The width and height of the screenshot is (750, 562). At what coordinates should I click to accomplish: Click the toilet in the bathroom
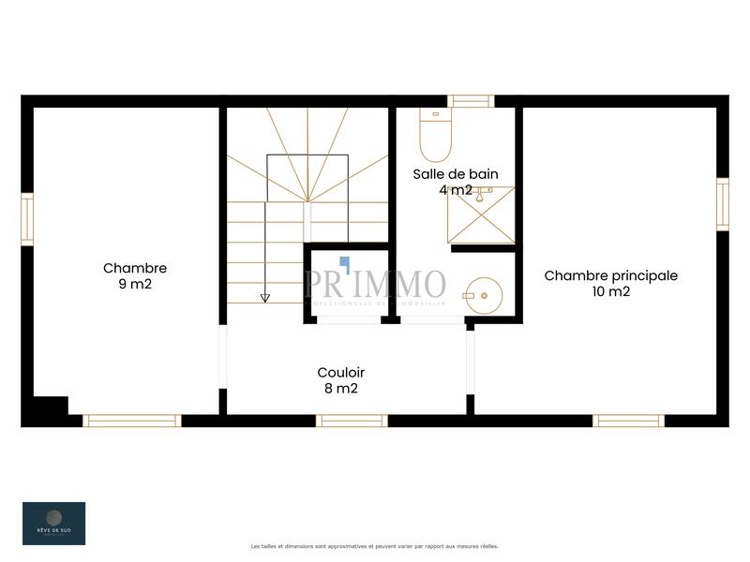coord(435,137)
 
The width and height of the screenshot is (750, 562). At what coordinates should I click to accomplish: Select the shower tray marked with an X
coord(481,214)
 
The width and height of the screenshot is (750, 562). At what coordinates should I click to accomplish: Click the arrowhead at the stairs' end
coord(265,298)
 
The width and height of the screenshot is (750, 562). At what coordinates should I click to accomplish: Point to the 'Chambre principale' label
coord(610,275)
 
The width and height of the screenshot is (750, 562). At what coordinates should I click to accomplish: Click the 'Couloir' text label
coord(340,372)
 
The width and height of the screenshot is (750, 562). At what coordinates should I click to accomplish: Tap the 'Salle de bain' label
coord(456,173)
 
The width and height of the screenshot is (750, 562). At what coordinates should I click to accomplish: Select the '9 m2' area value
coord(135,285)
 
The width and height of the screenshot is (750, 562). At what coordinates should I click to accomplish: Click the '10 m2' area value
coord(610,291)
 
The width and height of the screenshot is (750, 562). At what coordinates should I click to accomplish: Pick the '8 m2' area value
coord(340,388)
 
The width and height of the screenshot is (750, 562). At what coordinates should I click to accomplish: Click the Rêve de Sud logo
coord(53,523)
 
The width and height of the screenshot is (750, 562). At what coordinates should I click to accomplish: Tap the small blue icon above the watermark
coord(344,263)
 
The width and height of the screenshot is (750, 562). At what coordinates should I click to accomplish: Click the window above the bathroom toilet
coord(471,101)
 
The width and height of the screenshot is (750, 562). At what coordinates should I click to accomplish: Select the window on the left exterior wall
coord(27,218)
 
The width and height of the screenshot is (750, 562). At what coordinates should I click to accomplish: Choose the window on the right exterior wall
coord(722,204)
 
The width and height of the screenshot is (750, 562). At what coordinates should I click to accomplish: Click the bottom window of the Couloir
coord(352,421)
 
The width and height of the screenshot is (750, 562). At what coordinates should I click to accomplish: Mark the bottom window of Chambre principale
coord(628,421)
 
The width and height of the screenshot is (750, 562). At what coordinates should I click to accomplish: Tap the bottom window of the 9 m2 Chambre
coord(131,421)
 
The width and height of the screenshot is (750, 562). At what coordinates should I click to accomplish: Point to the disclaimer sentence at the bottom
coord(375,546)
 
